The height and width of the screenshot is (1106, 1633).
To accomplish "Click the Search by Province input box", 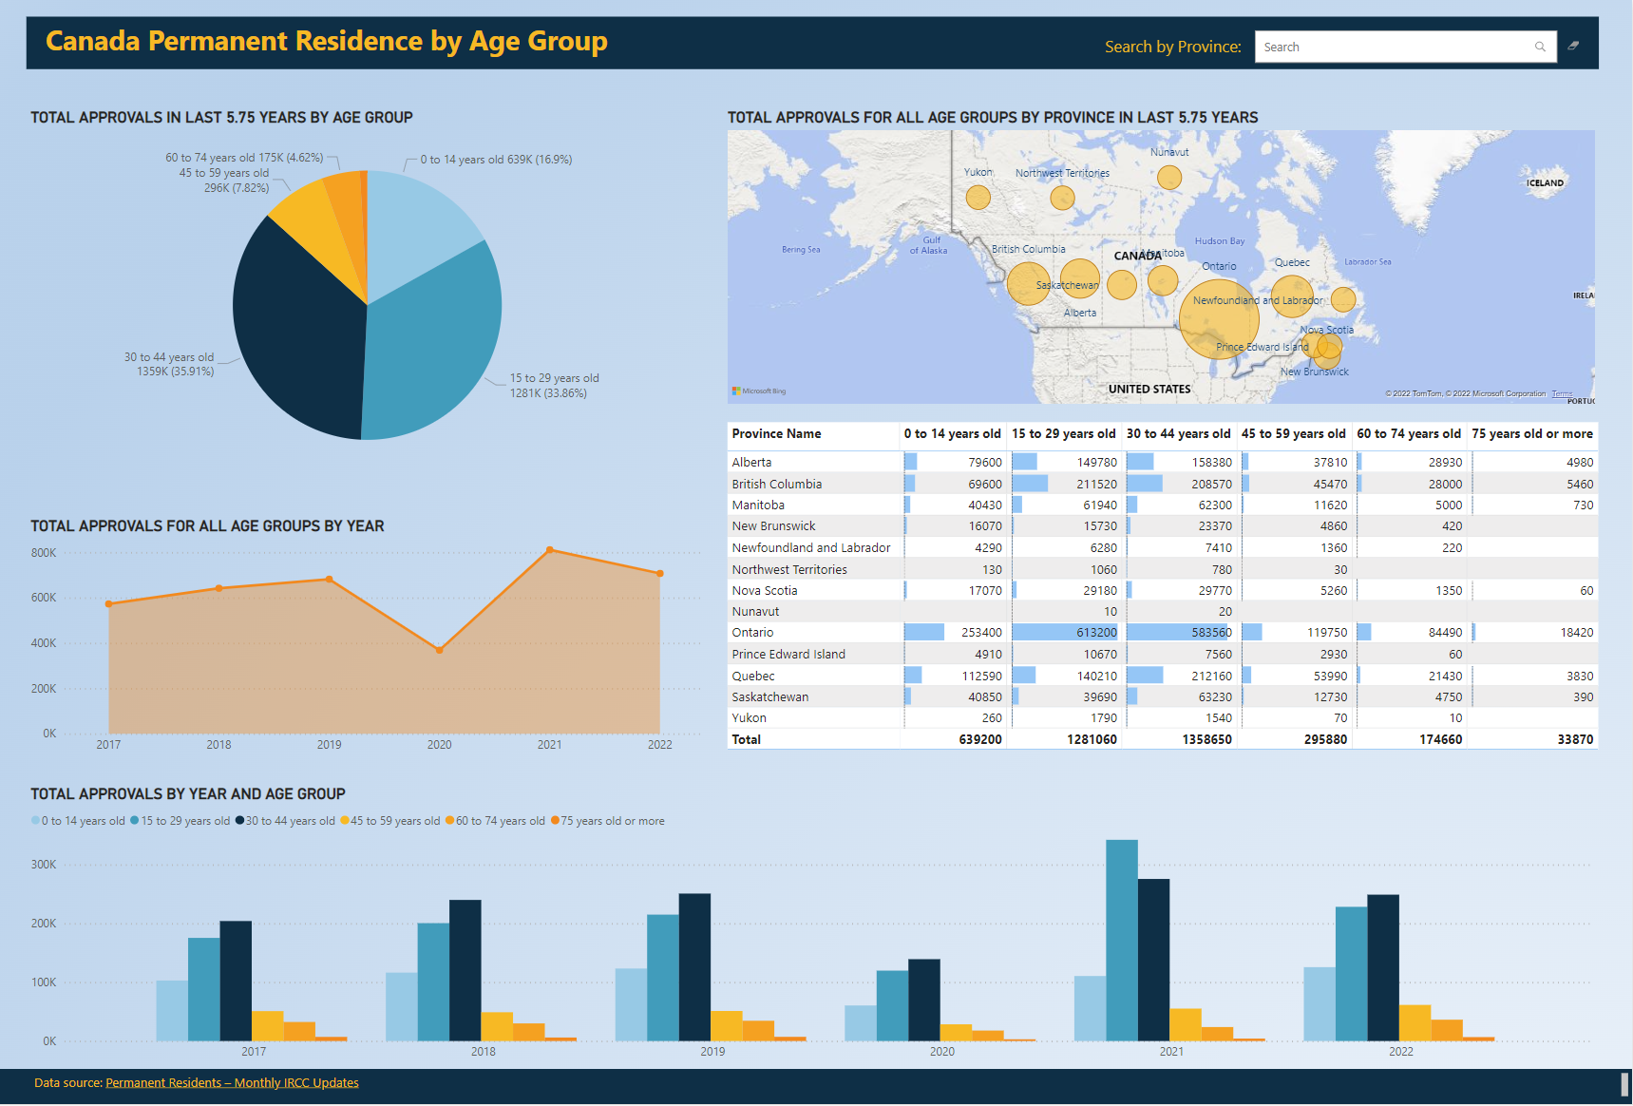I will pyautogui.click(x=1392, y=47).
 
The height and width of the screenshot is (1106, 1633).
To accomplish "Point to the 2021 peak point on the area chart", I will pyautogui.click(x=550, y=550).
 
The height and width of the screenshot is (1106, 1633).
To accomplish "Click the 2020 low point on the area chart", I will pyautogui.click(x=439, y=650).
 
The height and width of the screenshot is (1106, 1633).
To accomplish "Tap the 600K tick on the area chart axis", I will pyautogui.click(x=44, y=598).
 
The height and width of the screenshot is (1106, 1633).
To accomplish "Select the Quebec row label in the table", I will pyautogui.click(x=753, y=677).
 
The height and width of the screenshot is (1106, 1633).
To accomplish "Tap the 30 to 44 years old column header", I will pyautogui.click(x=1178, y=434).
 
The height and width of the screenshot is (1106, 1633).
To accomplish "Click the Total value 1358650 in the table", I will pyautogui.click(x=1206, y=739).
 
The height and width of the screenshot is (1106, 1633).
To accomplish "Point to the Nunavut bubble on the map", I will pyautogui.click(x=1169, y=178).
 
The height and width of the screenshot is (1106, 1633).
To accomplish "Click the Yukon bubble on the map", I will pyautogui.click(x=978, y=198).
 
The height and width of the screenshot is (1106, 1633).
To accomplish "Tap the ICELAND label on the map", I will pyautogui.click(x=1545, y=183).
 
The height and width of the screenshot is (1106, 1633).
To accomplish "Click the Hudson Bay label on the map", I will pyautogui.click(x=1219, y=241).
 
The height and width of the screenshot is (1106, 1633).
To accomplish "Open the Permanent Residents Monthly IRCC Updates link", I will pyautogui.click(x=232, y=1082).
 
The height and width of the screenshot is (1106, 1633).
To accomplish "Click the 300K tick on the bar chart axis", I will pyautogui.click(x=44, y=865).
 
